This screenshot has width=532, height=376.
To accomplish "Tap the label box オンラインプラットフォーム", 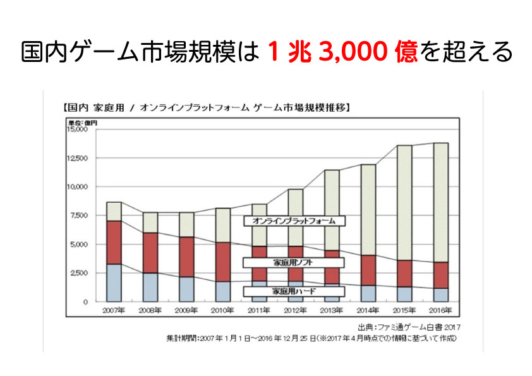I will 294,221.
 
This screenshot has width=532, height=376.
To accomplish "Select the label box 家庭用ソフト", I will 295,262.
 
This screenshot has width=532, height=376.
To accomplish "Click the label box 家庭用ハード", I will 295,291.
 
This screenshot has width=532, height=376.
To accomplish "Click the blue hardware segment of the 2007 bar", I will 114,282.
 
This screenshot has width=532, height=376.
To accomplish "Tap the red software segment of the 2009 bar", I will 186,257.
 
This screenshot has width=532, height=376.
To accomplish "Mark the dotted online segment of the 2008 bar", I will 150,222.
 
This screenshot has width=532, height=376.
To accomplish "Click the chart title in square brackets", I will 206,107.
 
